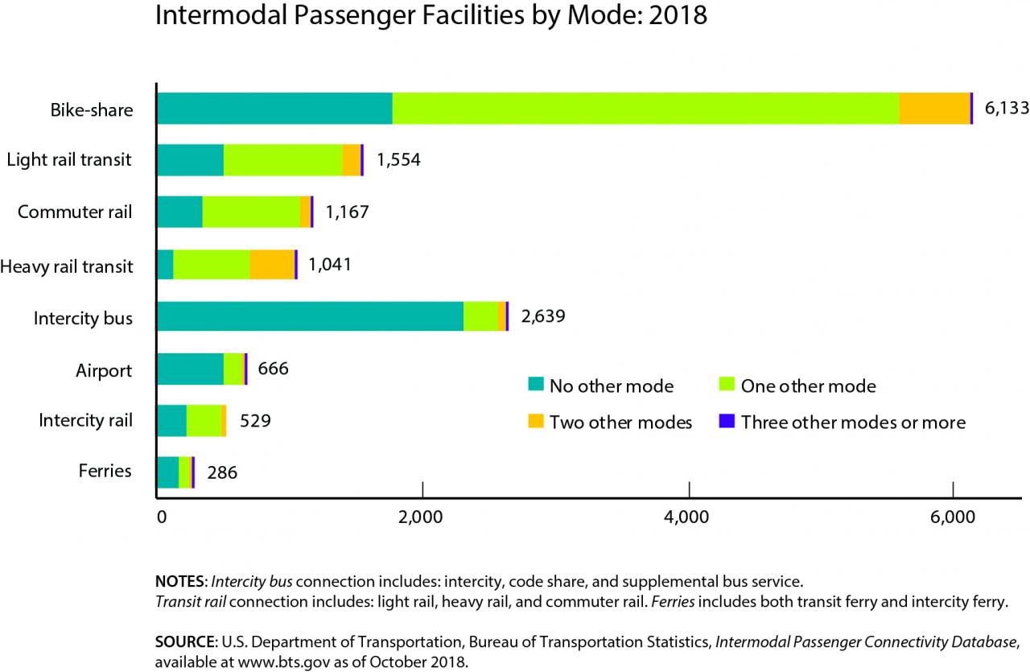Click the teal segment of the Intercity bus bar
coord(310,316)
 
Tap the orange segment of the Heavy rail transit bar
coord(272,264)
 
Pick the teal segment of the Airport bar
coord(190,369)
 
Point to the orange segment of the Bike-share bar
coord(934,108)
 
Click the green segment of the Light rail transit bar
coord(282,160)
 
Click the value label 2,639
coord(543,316)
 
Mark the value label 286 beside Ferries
coord(222,472)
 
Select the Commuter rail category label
coord(75,212)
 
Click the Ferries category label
coord(105,470)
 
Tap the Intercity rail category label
coord(85,419)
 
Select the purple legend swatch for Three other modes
coord(727,422)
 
